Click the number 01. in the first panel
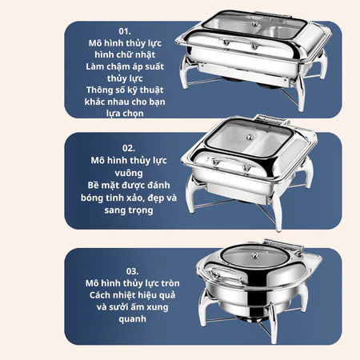[x=125, y=31]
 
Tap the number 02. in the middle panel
[x=129, y=148]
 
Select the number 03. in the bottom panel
[x=132, y=271]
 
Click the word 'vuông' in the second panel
[x=129, y=173]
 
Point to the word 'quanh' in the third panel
[x=132, y=319]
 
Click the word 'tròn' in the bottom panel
[x=170, y=283]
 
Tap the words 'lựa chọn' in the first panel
[x=125, y=114]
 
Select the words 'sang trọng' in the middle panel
[x=129, y=210]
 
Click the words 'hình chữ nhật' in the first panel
[x=125, y=54]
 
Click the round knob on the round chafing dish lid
[x=255, y=256]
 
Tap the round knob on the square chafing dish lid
[x=250, y=137]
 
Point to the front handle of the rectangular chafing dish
[x=240, y=43]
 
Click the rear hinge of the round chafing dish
[x=282, y=245]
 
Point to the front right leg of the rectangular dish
[x=301, y=94]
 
